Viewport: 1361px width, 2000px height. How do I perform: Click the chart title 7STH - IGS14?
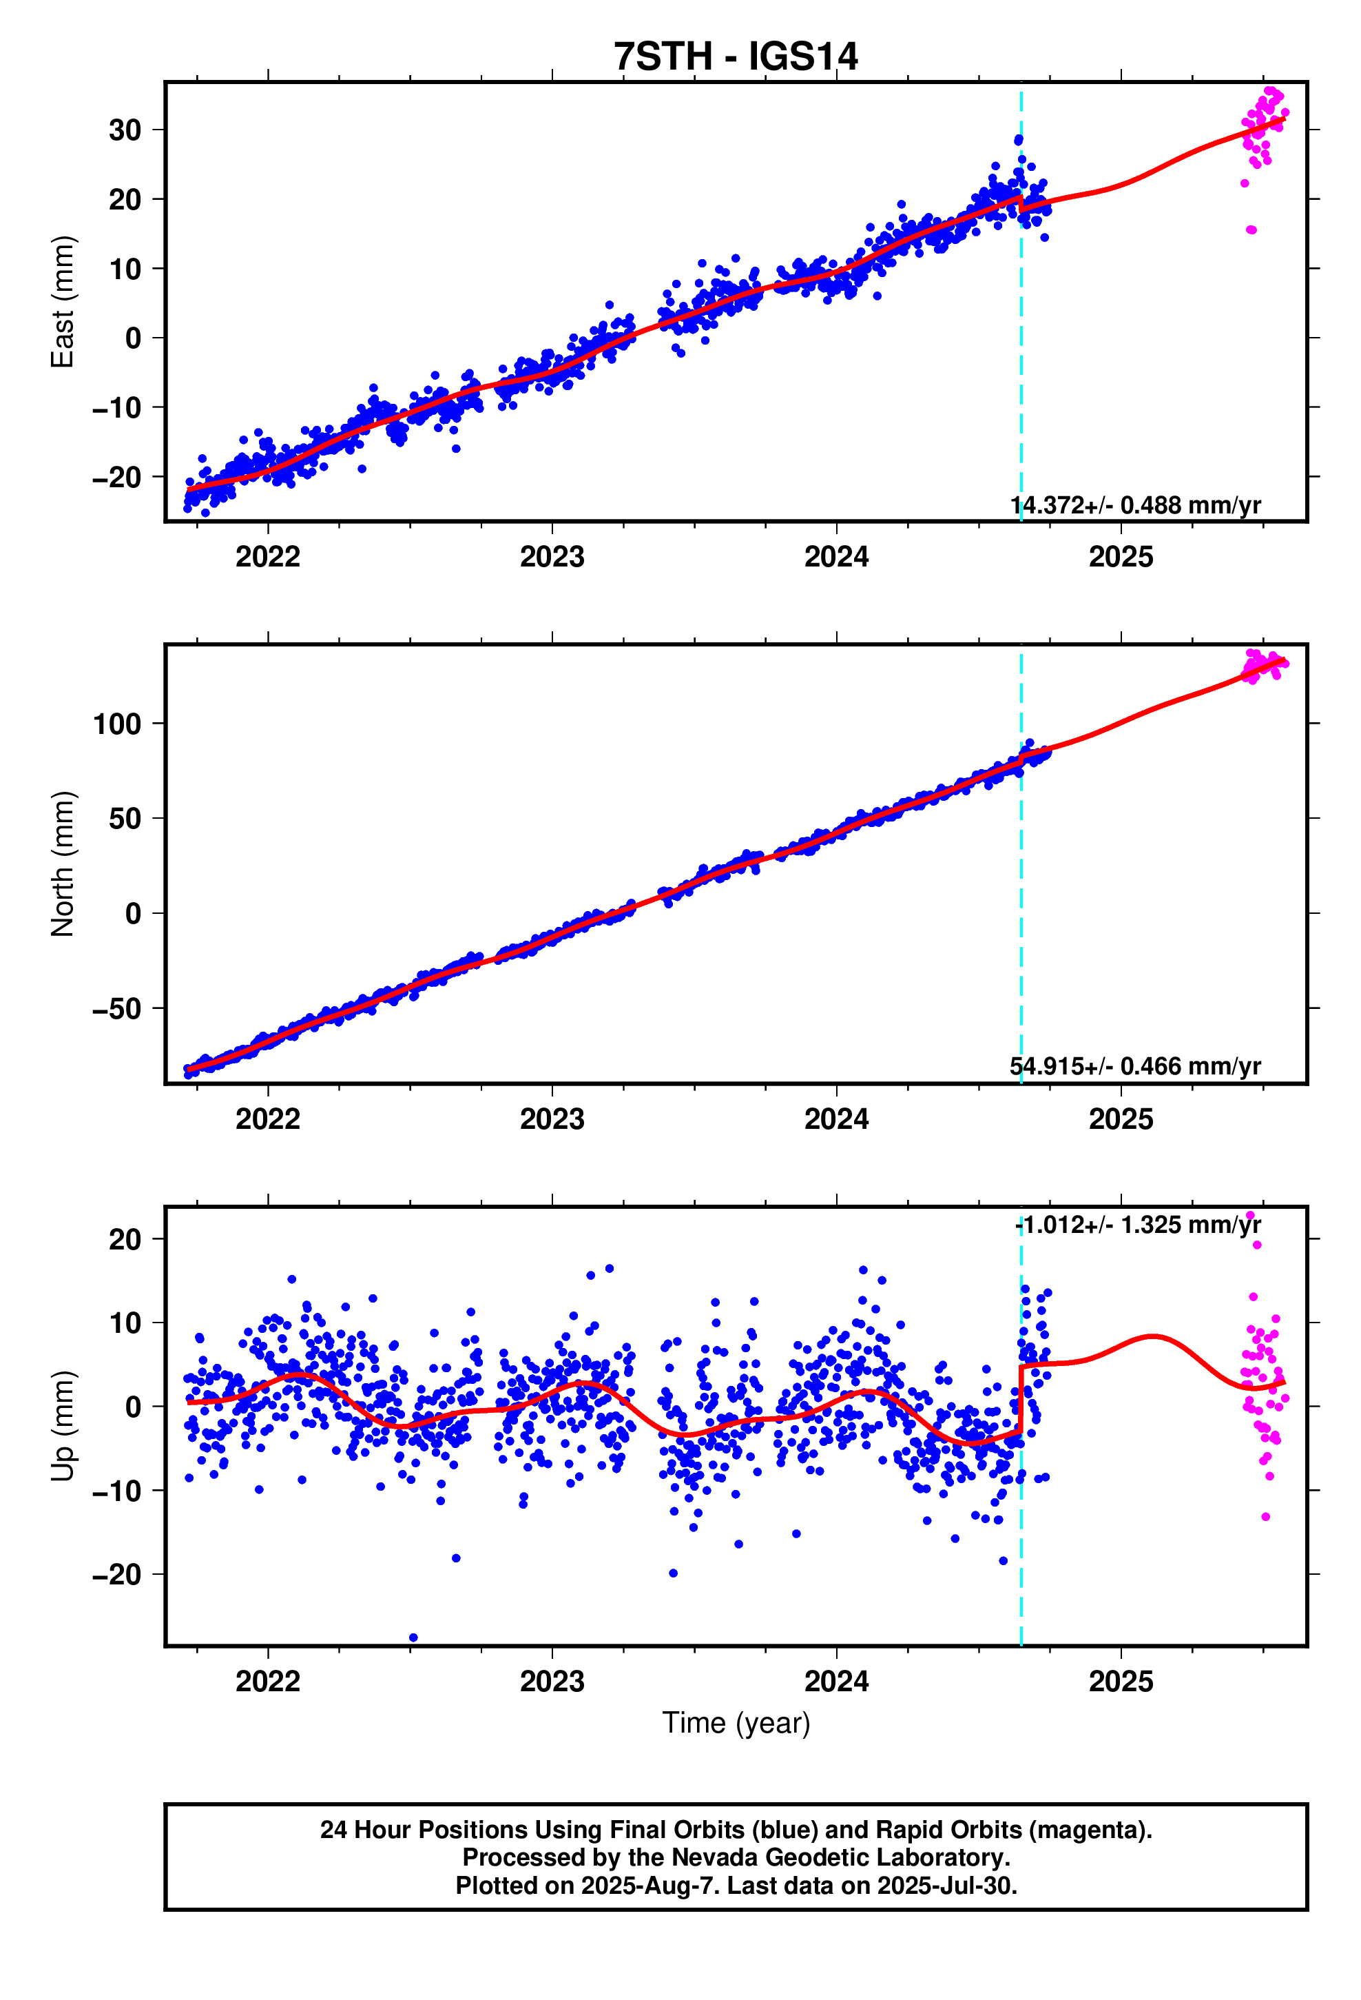736,57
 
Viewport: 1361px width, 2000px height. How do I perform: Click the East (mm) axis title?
62,302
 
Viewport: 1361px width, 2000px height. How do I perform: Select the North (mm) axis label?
62,863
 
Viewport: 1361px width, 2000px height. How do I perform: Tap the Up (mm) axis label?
62,1426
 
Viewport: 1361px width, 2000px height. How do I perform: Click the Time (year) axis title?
736,1723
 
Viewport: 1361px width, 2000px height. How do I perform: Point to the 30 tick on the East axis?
125,130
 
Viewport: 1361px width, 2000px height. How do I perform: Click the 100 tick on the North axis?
117,724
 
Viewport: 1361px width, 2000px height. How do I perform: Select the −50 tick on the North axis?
117,1008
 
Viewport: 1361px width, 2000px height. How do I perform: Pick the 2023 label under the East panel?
552,557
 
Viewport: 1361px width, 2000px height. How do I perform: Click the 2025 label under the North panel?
1120,1119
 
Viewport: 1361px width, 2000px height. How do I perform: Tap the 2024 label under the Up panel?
836,1681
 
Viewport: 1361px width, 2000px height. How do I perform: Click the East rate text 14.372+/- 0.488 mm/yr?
1134,505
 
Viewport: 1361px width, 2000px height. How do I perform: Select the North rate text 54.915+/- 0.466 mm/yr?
1134,1066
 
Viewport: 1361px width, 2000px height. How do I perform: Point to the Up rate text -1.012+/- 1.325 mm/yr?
1137,1225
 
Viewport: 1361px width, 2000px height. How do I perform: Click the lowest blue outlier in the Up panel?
414,1637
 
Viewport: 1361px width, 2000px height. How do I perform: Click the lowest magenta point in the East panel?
1251,229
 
